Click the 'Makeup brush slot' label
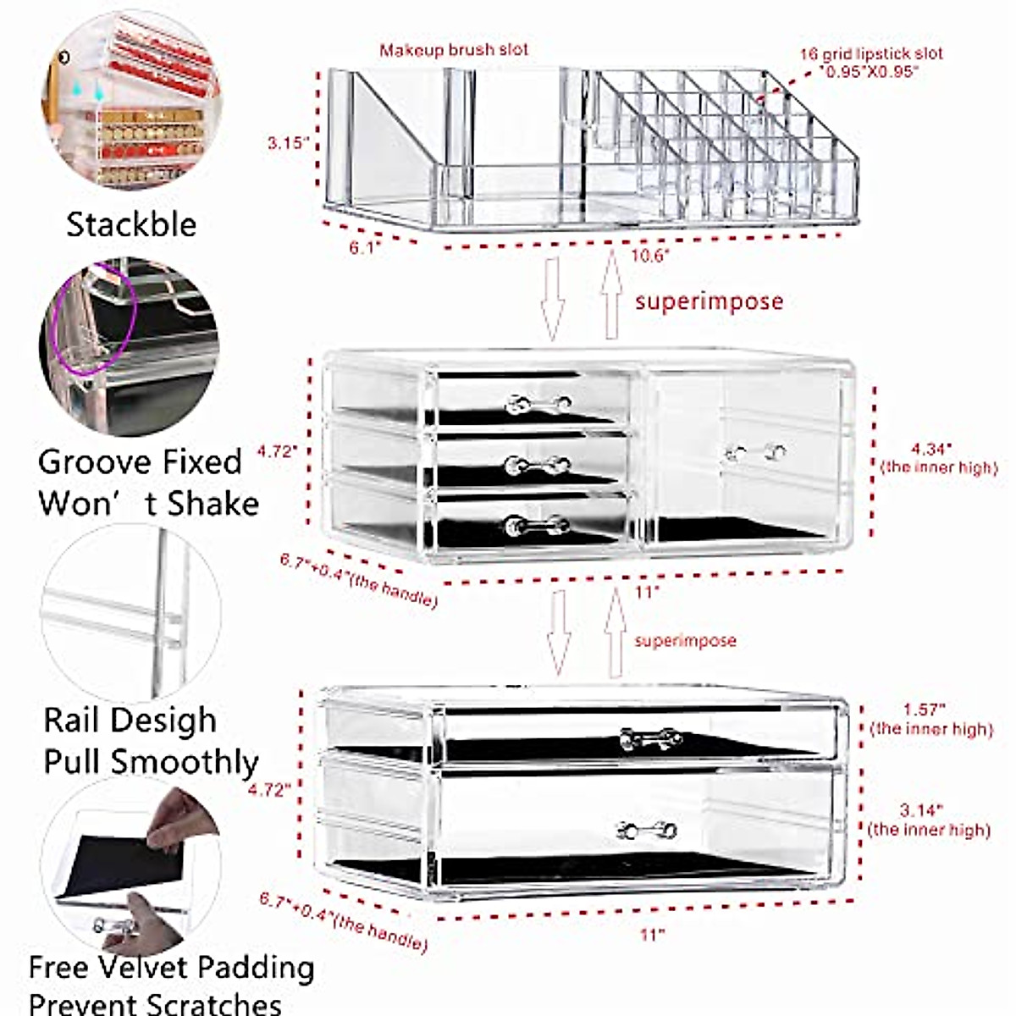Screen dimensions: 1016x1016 454,50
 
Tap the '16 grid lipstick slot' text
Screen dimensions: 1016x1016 870,54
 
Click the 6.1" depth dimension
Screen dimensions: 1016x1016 366,249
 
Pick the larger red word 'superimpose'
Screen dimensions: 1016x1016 710,301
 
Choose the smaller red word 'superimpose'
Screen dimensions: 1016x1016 685,641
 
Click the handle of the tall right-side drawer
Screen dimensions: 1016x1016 755,453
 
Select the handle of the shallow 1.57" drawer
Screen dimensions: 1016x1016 650,738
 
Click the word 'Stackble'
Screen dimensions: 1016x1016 131,224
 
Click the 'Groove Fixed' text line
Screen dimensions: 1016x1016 141,462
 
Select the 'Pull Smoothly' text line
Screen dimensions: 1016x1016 151,761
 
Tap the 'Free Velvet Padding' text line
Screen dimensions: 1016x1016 171,967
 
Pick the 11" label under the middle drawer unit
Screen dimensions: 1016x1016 648,592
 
